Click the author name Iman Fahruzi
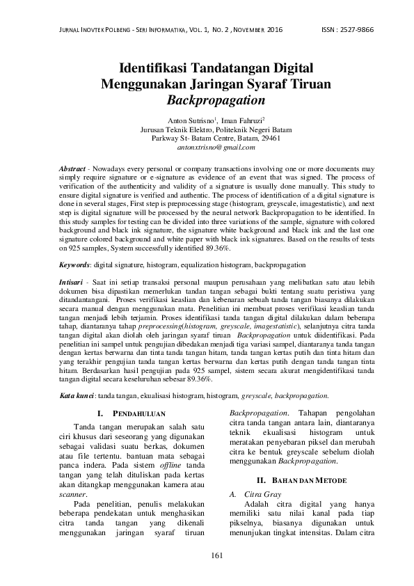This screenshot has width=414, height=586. pos(237,120)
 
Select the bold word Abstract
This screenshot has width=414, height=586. pos(72,170)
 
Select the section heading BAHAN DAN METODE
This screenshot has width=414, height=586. pos(292,480)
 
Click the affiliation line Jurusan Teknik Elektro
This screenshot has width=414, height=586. pos(207,129)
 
